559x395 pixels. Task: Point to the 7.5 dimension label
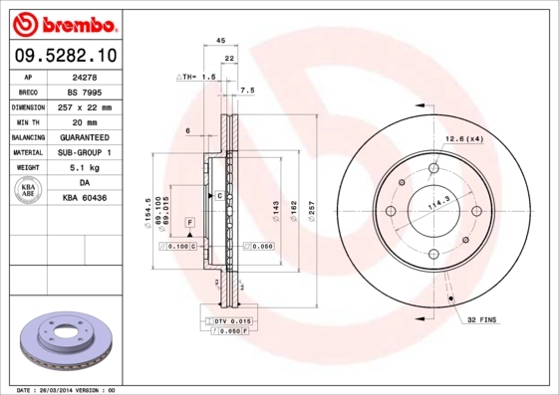point(247,91)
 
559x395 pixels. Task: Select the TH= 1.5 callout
point(196,76)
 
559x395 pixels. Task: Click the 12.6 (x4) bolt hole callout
point(464,139)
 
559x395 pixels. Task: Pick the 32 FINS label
point(481,319)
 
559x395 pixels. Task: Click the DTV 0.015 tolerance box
point(231,321)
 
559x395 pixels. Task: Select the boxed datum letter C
point(218,196)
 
